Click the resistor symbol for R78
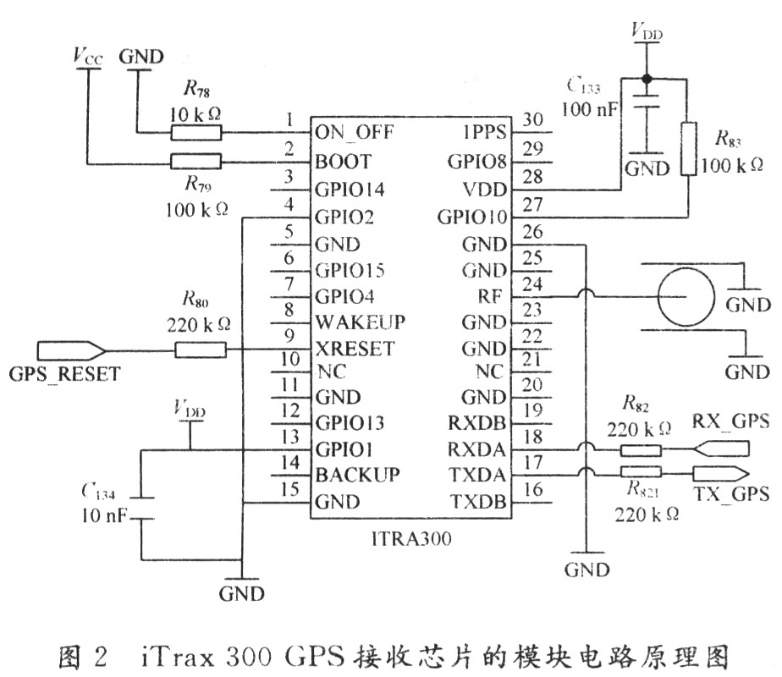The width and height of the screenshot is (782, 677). [x=195, y=132]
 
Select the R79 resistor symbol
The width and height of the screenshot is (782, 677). [x=195, y=161]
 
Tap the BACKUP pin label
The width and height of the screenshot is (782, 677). [x=356, y=475]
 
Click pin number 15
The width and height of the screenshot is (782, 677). [x=290, y=489]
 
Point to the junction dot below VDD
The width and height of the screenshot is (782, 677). [x=647, y=78]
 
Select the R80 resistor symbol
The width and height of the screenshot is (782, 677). [x=200, y=349]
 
